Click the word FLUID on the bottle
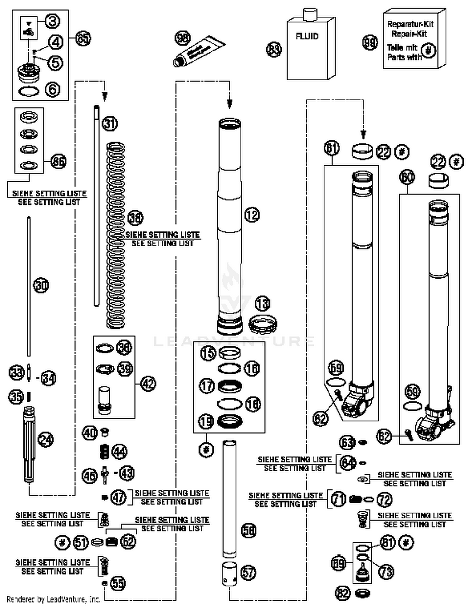point(307,36)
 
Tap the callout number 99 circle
point(370,43)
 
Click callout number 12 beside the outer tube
point(252,215)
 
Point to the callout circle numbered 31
point(110,124)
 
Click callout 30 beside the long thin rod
point(41,285)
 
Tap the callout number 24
point(46,440)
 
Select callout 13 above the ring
point(262,304)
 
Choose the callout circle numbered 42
point(148,383)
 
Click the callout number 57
point(248,572)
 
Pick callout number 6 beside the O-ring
point(52,90)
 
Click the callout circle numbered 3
point(52,22)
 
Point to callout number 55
point(118,583)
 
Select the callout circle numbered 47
point(119,498)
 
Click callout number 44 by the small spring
point(119,451)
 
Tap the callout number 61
point(331,148)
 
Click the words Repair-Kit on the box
point(409,34)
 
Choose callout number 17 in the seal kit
point(207,386)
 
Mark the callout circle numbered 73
point(386,572)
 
